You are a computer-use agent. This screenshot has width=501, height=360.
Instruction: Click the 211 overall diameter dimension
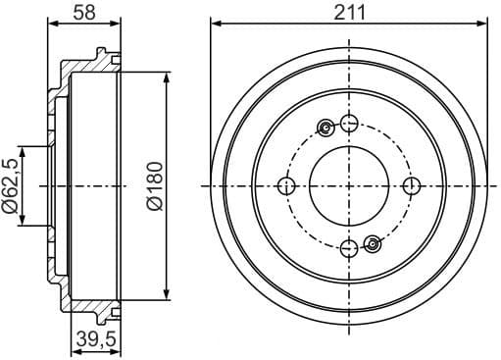pos(348,12)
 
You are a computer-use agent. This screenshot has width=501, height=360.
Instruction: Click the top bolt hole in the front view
pos(349,123)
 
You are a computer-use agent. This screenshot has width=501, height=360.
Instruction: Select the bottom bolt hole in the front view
pos(349,249)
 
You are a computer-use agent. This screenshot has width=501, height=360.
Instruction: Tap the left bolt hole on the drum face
pos(286,186)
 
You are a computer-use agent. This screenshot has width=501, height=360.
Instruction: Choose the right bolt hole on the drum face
pos(412,186)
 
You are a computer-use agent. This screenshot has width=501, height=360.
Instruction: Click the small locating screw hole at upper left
pos(326,128)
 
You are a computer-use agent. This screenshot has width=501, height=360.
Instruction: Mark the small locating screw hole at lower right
pos(372,243)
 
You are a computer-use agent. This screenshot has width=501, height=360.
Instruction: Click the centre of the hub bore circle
pos(349,186)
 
